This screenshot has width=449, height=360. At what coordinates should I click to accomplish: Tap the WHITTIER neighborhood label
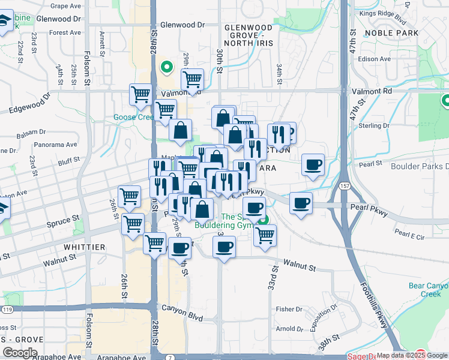pos(83,247)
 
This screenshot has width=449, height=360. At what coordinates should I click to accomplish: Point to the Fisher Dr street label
pos(289,309)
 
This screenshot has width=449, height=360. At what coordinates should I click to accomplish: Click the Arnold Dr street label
pos(290,329)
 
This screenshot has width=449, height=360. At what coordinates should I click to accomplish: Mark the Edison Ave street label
pos(375,59)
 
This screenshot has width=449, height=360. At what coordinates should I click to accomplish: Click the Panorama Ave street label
pos(56,145)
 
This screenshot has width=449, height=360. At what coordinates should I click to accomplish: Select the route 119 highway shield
pos(7,310)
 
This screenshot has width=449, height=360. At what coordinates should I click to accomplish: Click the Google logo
pos(20,353)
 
